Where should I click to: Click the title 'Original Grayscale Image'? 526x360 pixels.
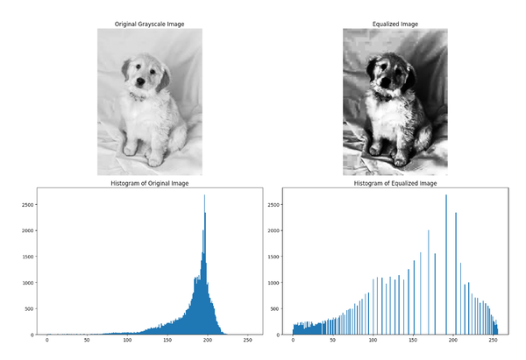[x=149, y=22]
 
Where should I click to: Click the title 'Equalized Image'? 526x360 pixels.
[x=394, y=22]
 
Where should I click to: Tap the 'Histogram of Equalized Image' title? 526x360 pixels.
[x=394, y=183]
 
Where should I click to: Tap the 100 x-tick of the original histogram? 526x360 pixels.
[x=127, y=342]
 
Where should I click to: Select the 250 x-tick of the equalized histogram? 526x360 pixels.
[x=493, y=342]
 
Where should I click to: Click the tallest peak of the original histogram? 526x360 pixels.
[x=205, y=195]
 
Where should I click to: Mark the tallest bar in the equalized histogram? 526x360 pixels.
[x=446, y=195]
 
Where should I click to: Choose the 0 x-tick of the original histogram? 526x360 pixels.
[x=46, y=342]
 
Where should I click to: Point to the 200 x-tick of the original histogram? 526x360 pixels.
[x=207, y=342]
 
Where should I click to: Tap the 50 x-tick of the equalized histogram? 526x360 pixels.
[x=333, y=342]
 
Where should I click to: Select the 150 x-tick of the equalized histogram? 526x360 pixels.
[x=413, y=342]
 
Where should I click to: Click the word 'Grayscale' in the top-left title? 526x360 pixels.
[x=152, y=22]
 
